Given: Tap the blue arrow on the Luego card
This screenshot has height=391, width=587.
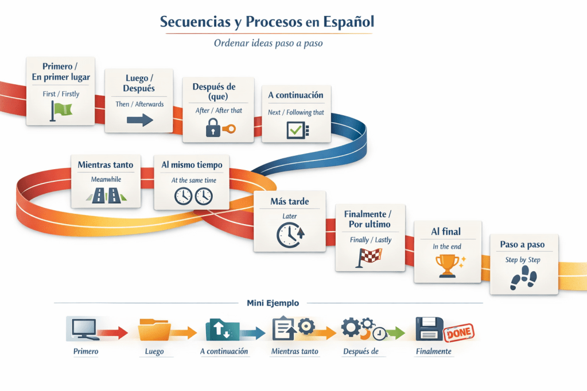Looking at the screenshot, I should (140, 120).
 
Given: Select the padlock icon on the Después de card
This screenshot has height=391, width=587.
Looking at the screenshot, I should (213, 127).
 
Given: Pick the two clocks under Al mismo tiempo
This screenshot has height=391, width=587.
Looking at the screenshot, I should (193, 196).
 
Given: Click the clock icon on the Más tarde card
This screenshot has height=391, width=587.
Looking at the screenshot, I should (290, 234).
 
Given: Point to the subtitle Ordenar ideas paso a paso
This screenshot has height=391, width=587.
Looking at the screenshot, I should (268, 43).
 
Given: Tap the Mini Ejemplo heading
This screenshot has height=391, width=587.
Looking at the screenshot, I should (273, 303).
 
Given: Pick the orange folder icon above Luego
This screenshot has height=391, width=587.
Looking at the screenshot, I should (154, 330).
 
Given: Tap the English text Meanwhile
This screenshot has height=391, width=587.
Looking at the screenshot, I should (106, 179).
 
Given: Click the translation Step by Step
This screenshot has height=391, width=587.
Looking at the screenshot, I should (523, 260).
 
